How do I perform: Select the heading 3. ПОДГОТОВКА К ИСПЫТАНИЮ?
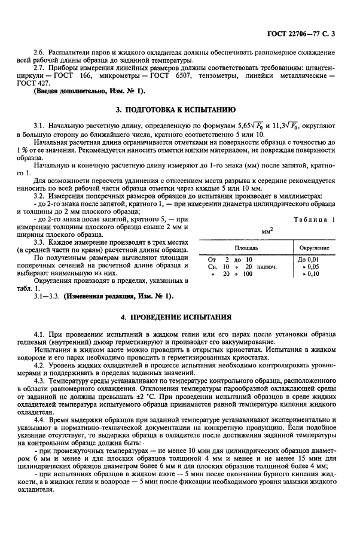click(180, 110)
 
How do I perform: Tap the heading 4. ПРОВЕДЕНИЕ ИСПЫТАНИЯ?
click(180, 315)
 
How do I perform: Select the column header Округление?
click(313, 247)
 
